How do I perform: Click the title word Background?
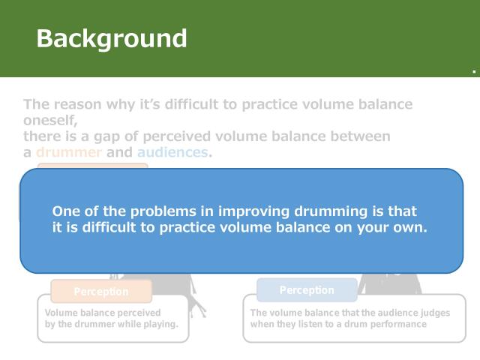(112, 38)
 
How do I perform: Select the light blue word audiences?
(172, 152)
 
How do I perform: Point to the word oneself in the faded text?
(49, 120)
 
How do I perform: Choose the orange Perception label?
(101, 292)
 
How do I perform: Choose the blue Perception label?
(307, 290)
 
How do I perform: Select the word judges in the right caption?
(434, 313)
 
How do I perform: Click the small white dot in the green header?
(474, 72)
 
